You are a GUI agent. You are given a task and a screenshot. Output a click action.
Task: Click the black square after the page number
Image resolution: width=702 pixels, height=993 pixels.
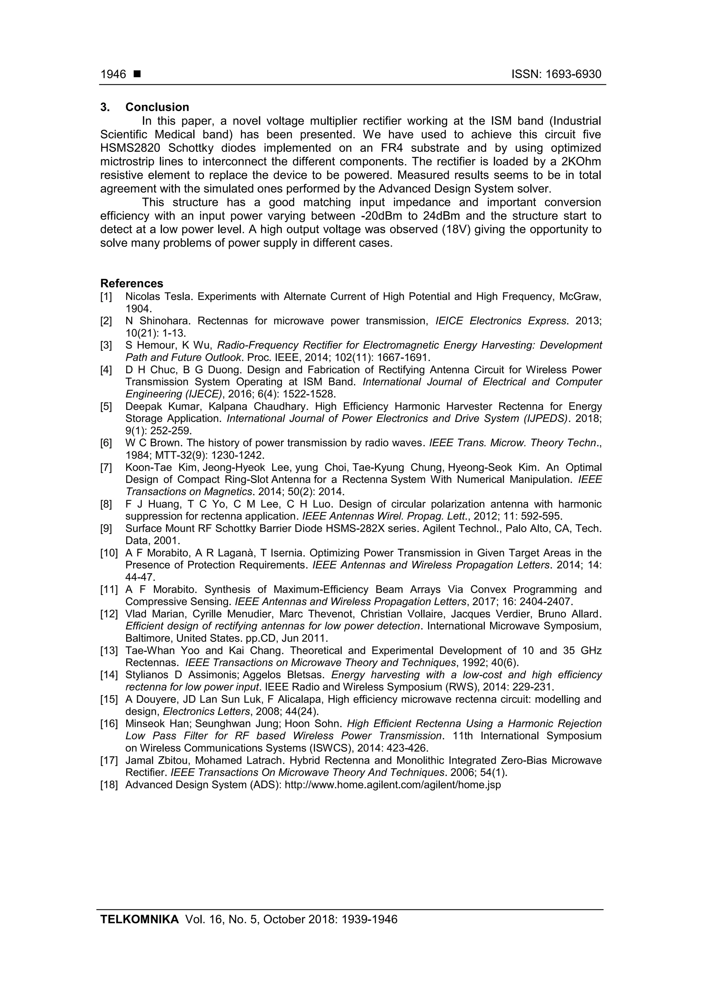pos(137,74)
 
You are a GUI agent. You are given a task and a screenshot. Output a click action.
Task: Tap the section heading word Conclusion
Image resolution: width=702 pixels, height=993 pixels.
pos(157,107)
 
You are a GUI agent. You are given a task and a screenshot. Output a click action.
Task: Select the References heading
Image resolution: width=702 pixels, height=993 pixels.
pos(132,283)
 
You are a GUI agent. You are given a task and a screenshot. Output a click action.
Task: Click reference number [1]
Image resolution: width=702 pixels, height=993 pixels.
pos(106,297)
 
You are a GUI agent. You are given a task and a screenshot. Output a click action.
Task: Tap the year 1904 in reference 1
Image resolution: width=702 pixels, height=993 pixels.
pos(138,309)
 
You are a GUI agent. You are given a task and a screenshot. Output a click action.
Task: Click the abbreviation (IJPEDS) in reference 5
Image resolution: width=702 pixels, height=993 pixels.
pos(546,419)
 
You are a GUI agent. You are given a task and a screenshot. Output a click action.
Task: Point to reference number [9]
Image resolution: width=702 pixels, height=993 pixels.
pos(106,529)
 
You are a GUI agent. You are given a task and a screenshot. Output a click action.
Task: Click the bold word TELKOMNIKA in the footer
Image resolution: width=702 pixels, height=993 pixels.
pos(139,920)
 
